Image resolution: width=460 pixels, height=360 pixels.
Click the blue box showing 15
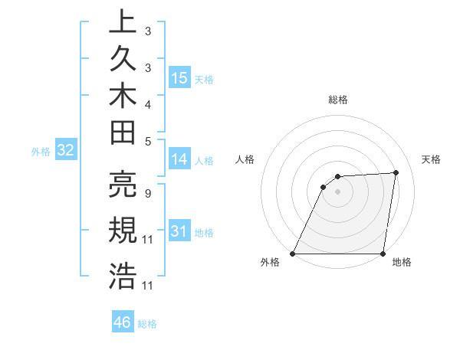179,78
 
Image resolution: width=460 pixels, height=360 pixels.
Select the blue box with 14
179,159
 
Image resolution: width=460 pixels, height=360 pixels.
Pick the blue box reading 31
179,231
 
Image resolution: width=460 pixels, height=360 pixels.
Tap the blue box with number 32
66,151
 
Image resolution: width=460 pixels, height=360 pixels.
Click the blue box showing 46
123,322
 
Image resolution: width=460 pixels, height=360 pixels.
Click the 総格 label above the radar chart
337,100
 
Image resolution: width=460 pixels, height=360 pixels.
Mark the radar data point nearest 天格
396,172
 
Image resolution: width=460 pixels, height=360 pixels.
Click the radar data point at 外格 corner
293,254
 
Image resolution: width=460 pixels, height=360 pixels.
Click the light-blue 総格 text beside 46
147,324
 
